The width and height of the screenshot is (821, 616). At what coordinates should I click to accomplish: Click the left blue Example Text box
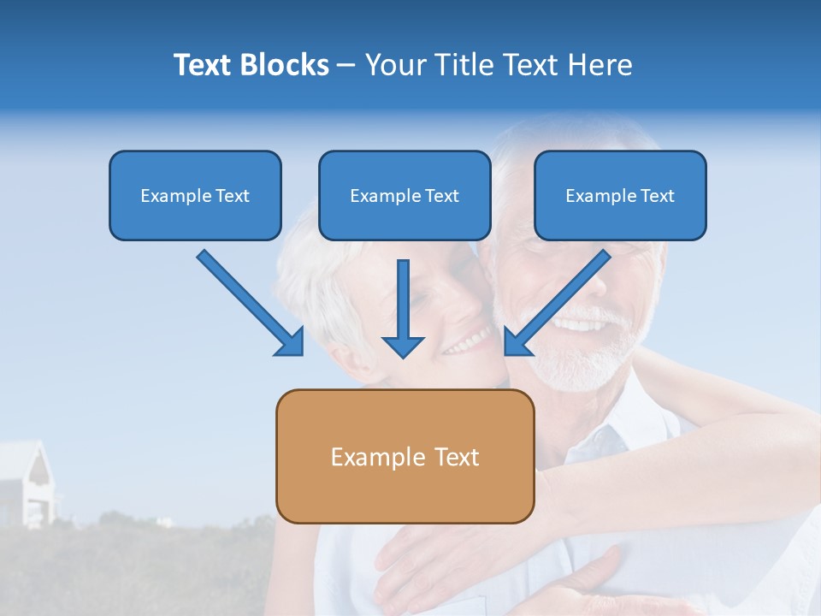point(195,195)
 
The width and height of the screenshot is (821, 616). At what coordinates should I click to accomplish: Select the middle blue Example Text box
point(405,195)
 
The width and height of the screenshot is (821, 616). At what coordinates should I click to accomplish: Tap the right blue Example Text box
point(620,195)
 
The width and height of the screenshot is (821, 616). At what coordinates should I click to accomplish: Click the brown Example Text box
point(405,456)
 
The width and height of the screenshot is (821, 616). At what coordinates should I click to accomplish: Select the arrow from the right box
point(560,299)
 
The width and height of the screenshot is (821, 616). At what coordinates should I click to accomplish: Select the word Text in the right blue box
point(657,196)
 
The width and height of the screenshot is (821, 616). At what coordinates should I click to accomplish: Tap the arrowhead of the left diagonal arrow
point(291,342)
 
